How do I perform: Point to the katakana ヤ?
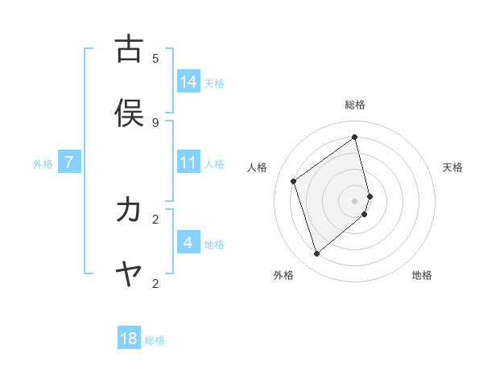click(129, 274)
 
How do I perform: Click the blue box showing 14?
click(188, 81)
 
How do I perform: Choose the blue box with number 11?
click(188, 162)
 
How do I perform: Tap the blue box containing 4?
click(188, 242)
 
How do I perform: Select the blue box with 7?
click(69, 162)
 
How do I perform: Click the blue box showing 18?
click(129, 339)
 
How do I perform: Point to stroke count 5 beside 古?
click(155, 58)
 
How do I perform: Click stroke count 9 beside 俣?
click(155, 122)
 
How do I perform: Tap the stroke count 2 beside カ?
click(155, 219)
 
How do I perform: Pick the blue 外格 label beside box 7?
click(43, 163)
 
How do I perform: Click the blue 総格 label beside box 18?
click(155, 340)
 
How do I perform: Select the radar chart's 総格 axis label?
click(355, 105)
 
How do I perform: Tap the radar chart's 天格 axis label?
click(452, 167)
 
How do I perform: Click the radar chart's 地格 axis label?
click(422, 275)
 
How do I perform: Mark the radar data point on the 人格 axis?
click(294, 181)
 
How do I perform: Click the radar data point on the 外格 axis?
click(316, 254)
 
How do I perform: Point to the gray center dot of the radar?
click(355, 200)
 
